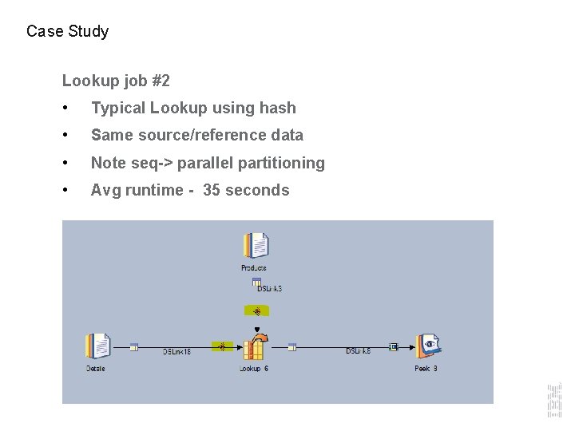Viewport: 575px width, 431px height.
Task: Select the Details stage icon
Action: point(97,346)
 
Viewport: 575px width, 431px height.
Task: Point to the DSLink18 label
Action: point(177,351)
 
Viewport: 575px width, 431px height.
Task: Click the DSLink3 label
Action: point(269,288)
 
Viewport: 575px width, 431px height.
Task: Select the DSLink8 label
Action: point(358,351)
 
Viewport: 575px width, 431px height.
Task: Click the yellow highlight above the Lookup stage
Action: point(256,310)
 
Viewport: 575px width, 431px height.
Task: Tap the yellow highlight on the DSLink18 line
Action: point(222,346)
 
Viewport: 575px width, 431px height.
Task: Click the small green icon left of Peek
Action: point(393,346)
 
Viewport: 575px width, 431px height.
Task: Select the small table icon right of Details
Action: point(134,346)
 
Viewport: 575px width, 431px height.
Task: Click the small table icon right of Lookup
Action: point(293,346)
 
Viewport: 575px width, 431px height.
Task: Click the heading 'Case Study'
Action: point(67,32)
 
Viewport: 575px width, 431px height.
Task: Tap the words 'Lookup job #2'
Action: point(116,81)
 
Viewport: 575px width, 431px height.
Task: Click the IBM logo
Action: point(553,398)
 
